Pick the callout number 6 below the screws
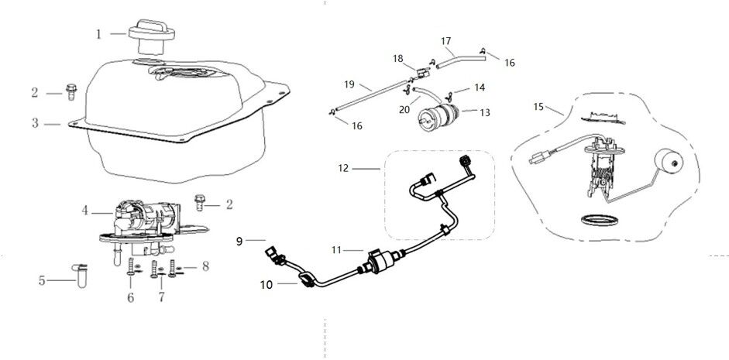point(130,297)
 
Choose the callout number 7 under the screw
point(161,297)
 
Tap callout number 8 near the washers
point(205,266)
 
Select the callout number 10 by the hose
point(265,284)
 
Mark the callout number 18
point(398,58)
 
